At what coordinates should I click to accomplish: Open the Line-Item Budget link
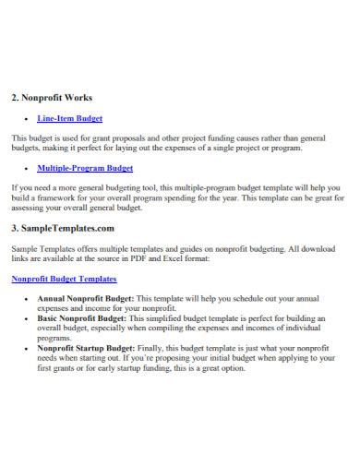69,119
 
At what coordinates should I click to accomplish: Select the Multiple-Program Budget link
85,169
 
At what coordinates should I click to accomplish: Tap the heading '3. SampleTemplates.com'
62,227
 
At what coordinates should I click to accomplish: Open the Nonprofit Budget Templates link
64,278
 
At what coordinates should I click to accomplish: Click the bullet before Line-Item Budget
22,120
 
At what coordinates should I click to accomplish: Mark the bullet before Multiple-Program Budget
22,170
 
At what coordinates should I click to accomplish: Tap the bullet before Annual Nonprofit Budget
22,300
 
